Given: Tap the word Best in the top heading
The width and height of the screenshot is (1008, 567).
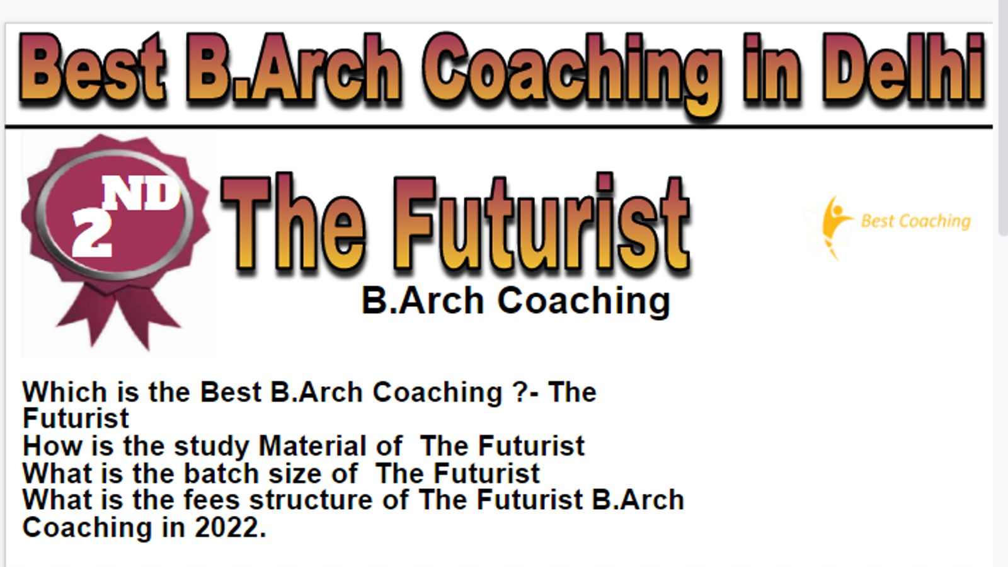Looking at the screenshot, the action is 92,68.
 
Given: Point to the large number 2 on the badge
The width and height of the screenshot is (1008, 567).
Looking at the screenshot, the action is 92,233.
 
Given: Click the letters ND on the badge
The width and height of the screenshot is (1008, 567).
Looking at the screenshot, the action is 141,193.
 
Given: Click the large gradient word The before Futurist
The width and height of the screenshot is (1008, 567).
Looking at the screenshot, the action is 292,223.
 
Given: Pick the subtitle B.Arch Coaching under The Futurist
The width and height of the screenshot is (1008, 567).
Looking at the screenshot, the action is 516,301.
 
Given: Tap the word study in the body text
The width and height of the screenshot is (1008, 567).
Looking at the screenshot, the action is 212,447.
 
